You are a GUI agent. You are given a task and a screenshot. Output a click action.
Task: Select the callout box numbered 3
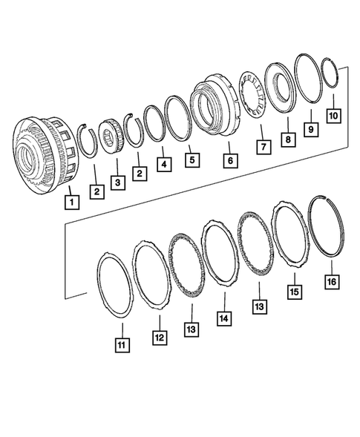pyautogui.click(x=117, y=182)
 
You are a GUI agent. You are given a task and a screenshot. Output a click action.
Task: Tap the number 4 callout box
pyautogui.click(x=161, y=162)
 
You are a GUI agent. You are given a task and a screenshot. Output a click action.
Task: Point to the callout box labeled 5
pyautogui.click(x=192, y=158)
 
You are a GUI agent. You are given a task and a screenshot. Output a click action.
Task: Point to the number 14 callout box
pyautogui.click(x=223, y=318)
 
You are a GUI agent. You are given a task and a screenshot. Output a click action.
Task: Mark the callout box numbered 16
pyautogui.click(x=330, y=282)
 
